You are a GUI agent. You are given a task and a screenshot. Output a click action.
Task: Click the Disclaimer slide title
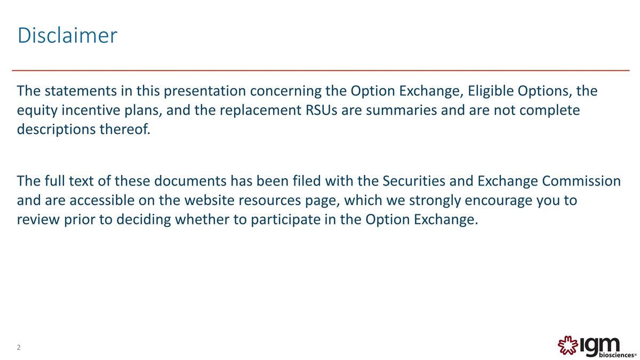click(x=67, y=36)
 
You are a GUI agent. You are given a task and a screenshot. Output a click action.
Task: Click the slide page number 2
click(x=19, y=348)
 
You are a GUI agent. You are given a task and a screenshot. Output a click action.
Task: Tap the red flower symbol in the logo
click(x=567, y=346)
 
